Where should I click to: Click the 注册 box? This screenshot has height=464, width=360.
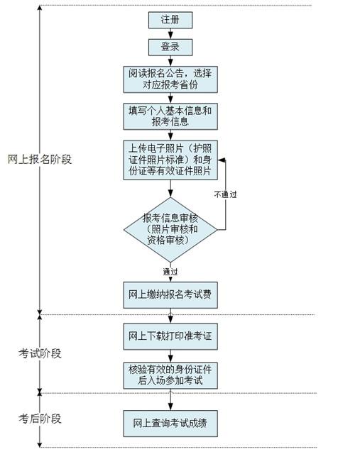tap(170, 20)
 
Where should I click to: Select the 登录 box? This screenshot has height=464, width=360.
tap(170, 47)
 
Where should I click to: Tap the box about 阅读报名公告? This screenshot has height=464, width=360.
tap(170, 79)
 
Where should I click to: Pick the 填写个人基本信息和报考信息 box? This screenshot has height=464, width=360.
tap(170, 116)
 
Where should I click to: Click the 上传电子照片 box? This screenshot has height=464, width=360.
tap(170, 160)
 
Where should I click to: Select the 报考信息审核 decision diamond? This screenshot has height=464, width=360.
tap(170, 230)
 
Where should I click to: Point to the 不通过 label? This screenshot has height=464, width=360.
tap(225, 194)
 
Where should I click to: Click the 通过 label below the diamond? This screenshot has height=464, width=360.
tap(170, 272)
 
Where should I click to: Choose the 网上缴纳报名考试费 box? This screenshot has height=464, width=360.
tap(170, 295)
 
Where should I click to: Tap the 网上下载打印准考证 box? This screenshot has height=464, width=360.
tap(170, 336)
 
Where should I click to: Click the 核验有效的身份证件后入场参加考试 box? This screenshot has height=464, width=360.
tap(170, 375)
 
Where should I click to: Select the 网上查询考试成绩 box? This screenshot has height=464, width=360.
tap(170, 424)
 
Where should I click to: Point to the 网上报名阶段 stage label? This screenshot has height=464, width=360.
tap(40, 159)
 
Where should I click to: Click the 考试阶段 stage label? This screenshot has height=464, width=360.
tap(40, 353)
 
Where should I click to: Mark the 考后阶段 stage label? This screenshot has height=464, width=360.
tap(40, 419)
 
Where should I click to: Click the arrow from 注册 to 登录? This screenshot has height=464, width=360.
tap(170, 34)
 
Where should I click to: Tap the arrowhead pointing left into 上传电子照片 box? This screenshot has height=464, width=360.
tap(222, 160)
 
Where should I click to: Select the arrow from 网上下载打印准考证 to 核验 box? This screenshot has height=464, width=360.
tap(170, 356)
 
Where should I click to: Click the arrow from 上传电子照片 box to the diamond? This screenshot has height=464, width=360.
tap(170, 189)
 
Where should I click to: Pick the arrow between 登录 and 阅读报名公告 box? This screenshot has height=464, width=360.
tap(170, 61)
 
